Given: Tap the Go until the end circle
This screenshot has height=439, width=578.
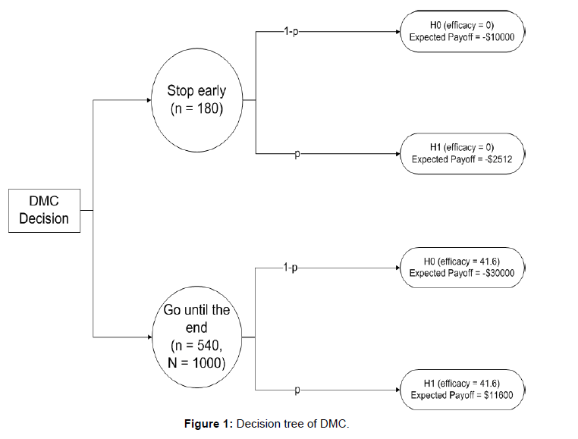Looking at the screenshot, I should point(196,336).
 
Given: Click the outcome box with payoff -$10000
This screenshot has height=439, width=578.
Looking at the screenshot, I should point(461,31).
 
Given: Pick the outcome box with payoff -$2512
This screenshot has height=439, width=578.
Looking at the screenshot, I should point(461,154).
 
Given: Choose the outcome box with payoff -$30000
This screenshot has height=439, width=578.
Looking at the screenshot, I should point(461,266).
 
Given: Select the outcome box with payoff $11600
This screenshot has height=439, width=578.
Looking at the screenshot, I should point(461,389).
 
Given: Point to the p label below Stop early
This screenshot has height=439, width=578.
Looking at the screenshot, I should point(297,154).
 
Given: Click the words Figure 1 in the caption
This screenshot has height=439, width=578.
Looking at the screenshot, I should point(209,424).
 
